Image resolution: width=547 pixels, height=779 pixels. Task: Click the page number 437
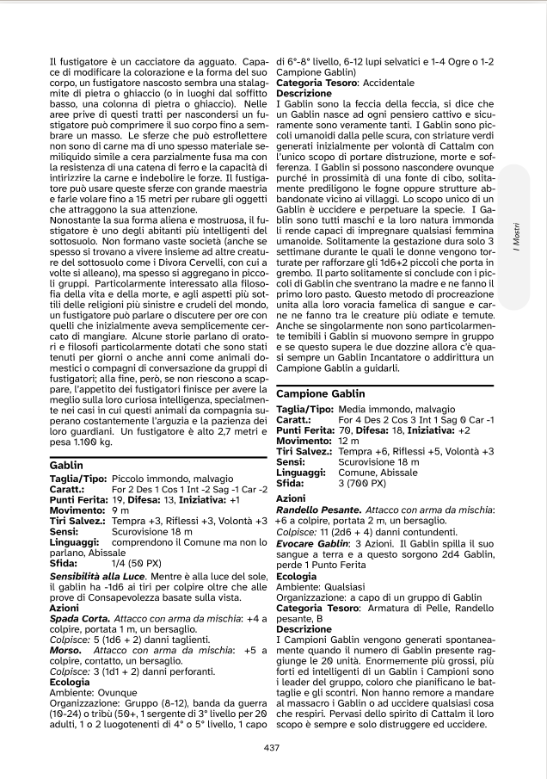273,746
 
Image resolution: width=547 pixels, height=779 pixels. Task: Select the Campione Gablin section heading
320,393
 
